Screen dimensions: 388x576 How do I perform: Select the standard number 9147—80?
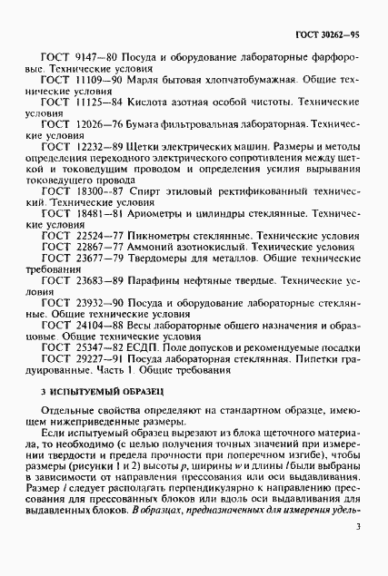click(x=92, y=57)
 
